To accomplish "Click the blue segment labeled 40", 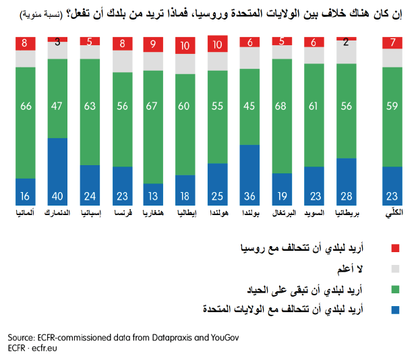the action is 57,172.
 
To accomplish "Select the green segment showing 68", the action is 282,116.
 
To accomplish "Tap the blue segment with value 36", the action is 249,175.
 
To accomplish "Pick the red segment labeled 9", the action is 153,44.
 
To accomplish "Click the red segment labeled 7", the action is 392,42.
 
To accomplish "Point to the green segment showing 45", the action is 249,107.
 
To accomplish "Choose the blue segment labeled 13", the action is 153,195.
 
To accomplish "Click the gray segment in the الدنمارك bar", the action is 57,51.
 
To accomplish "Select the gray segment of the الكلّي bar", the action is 392,58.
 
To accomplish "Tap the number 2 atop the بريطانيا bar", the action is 346,42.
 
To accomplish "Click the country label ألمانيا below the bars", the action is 25,213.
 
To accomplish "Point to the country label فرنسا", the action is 123,213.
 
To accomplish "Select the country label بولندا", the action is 251,213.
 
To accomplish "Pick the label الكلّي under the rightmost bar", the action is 394,214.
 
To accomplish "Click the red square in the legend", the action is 395,248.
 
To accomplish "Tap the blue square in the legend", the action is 395,310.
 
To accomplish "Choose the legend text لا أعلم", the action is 350,269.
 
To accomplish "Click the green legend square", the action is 395,289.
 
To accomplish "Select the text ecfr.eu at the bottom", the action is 44,349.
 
